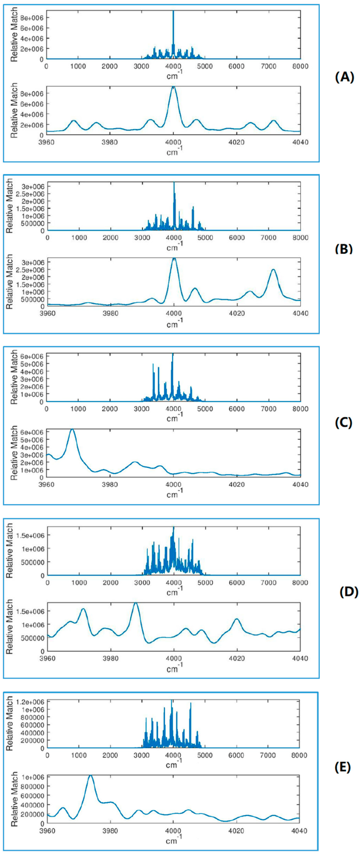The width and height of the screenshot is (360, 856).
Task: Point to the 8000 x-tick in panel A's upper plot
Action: [300, 66]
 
